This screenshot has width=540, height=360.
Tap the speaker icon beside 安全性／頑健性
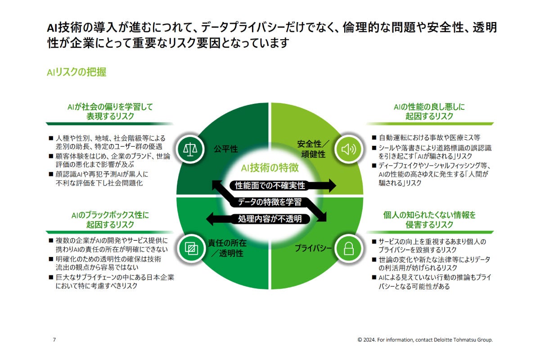coord(349,149)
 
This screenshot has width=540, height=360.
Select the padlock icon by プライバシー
coord(349,248)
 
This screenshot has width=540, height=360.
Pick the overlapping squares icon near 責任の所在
coord(191,248)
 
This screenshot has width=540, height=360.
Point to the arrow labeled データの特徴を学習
coord(270,202)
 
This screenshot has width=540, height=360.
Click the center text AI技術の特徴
coord(270,168)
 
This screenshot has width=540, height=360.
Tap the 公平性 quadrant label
coord(225,149)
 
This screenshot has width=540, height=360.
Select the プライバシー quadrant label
coord(314,248)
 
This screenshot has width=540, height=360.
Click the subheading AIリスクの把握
coord(76,72)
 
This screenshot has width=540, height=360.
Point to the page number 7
coord(54,340)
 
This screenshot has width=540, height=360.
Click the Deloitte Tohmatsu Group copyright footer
coord(425,340)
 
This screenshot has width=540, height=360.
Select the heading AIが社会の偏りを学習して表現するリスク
coord(110,111)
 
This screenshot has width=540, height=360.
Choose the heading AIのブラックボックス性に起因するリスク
coord(110,219)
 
